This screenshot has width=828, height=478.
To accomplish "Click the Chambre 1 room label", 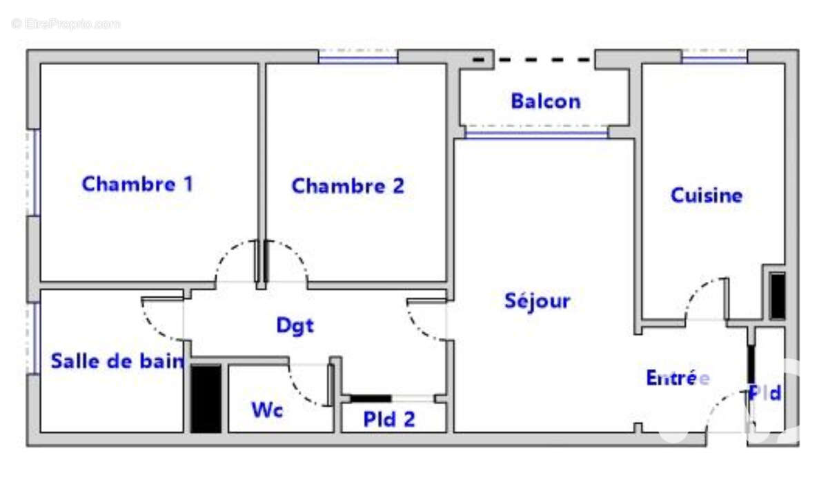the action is click(x=137, y=184).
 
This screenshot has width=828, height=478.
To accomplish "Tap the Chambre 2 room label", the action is click(x=348, y=186).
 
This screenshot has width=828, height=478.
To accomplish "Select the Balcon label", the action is click(x=546, y=102).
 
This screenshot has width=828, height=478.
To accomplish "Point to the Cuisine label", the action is click(x=707, y=195).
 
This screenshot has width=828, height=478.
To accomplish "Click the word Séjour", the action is click(x=537, y=300).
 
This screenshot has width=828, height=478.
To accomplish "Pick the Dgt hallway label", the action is click(x=295, y=326).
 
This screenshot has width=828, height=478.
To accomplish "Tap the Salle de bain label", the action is click(x=117, y=361).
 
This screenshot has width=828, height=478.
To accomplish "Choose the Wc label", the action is click(x=267, y=410).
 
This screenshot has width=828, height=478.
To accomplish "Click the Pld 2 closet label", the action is click(x=389, y=419).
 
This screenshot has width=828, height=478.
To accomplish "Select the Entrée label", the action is click(x=678, y=378).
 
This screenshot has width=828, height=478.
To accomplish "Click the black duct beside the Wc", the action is click(x=206, y=399).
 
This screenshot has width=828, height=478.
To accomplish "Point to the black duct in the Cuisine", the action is click(x=777, y=296).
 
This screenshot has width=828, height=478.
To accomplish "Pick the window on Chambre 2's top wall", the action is click(x=358, y=57).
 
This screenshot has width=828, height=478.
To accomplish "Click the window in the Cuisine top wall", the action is click(x=715, y=57).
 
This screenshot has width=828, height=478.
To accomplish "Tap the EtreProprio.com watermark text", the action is click(x=66, y=24).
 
